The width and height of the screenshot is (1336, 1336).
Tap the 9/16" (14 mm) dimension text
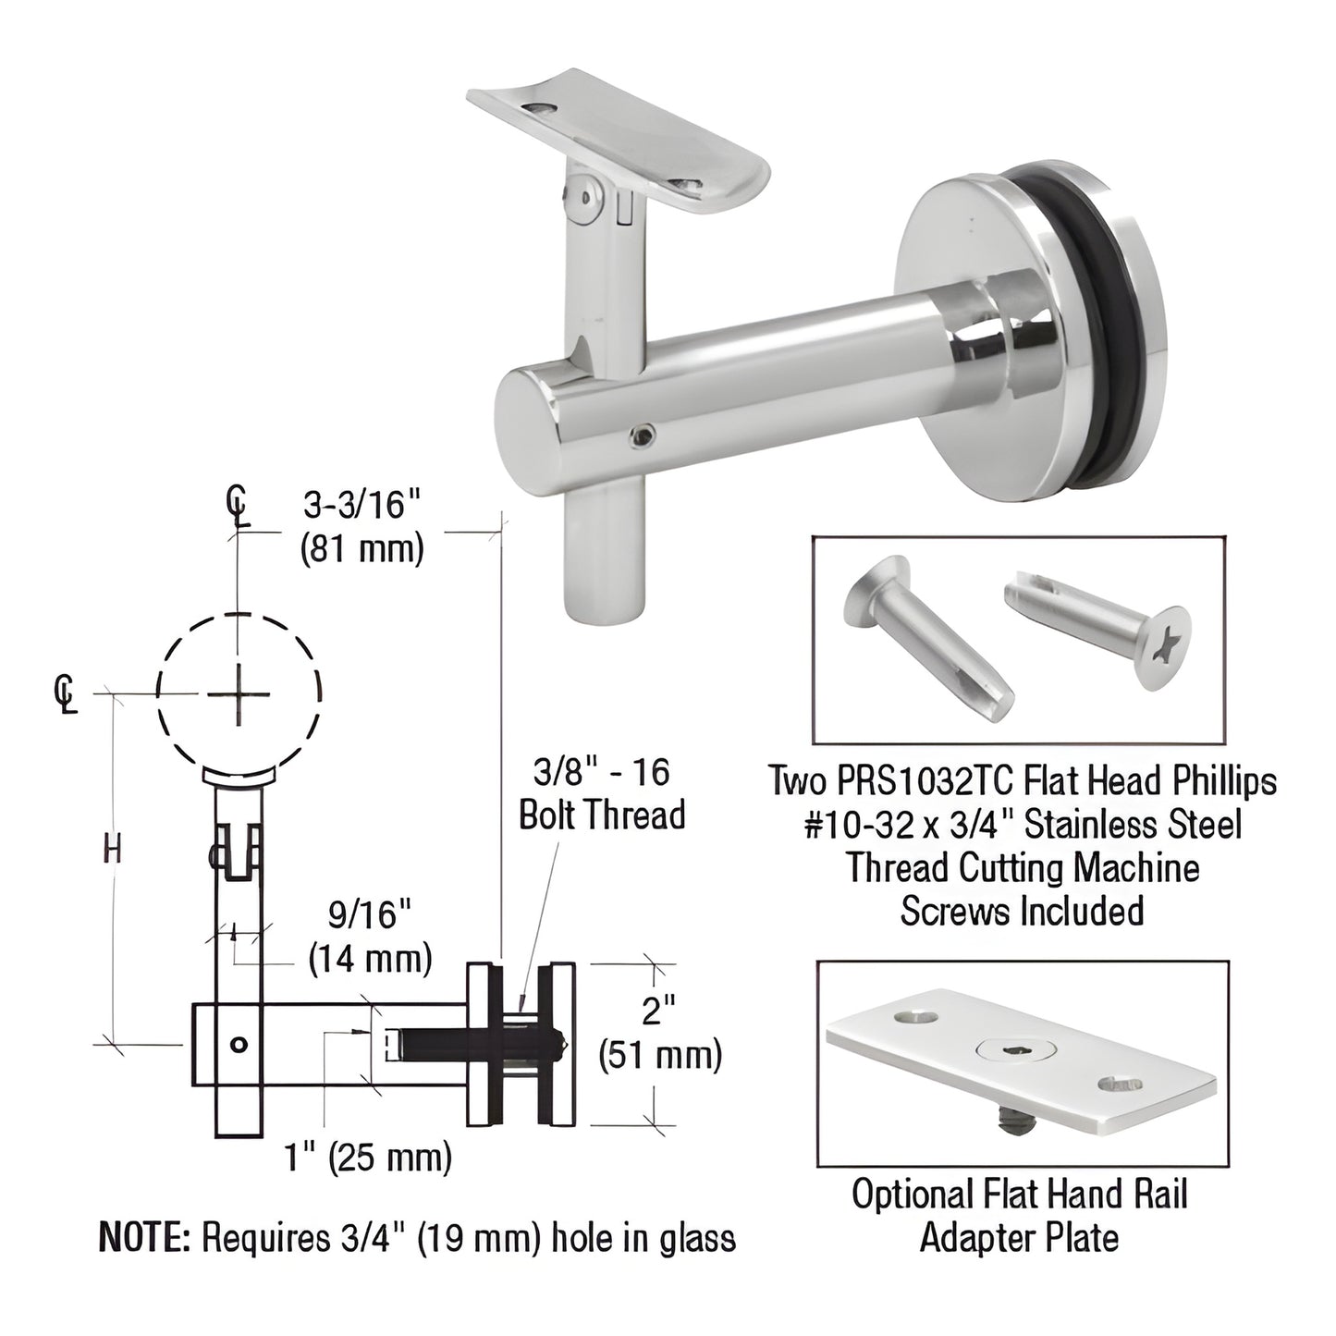tap(369, 937)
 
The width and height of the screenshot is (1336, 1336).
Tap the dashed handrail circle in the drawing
tap(239, 693)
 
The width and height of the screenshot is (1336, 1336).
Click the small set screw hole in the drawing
tap(239, 1045)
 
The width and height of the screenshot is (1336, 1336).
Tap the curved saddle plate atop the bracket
tap(618, 139)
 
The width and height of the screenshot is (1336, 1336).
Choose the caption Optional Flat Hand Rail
tap(1019, 1195)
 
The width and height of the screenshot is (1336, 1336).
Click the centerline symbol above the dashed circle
tap(239, 507)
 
